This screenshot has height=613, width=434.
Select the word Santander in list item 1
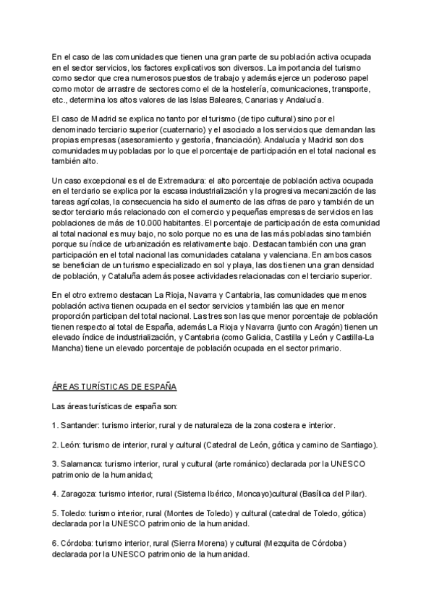(x=80, y=425)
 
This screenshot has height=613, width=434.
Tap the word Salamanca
(x=81, y=463)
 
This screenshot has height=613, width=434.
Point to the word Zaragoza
(x=80, y=494)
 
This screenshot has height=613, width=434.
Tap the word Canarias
(x=266, y=99)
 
